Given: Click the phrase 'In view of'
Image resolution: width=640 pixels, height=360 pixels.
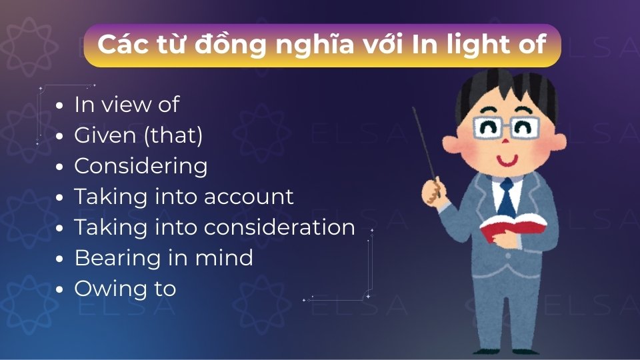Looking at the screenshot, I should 127,105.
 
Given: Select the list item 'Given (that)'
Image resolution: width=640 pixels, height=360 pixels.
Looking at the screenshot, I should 138,135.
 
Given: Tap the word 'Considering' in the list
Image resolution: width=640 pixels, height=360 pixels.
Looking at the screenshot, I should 141,166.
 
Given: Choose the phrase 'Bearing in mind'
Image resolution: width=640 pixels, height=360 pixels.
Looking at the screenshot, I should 163,258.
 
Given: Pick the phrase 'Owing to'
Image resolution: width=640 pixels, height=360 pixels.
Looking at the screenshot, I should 125,289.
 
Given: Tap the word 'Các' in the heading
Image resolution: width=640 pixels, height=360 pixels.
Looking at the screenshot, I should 118,45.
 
